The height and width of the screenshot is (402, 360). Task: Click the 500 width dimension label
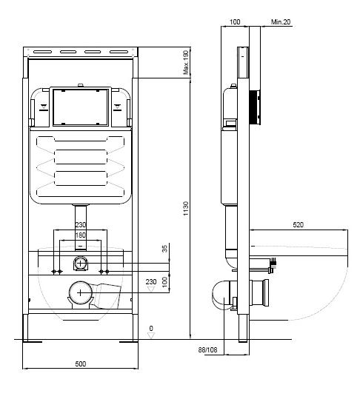tap(80, 364)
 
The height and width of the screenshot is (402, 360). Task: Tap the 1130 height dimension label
tap(186, 209)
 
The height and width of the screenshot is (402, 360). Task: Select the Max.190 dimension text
tap(186, 62)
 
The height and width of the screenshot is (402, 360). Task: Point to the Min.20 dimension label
tap(281, 22)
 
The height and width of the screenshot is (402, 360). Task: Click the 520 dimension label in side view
tap(299, 225)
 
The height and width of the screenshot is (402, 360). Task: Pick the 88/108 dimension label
tap(207, 349)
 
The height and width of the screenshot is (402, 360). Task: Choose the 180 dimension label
tap(80, 235)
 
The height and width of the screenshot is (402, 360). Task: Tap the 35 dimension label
tap(164, 249)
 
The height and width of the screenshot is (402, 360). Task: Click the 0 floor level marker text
tap(151, 329)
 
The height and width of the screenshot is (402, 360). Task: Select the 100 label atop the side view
tap(235, 22)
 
